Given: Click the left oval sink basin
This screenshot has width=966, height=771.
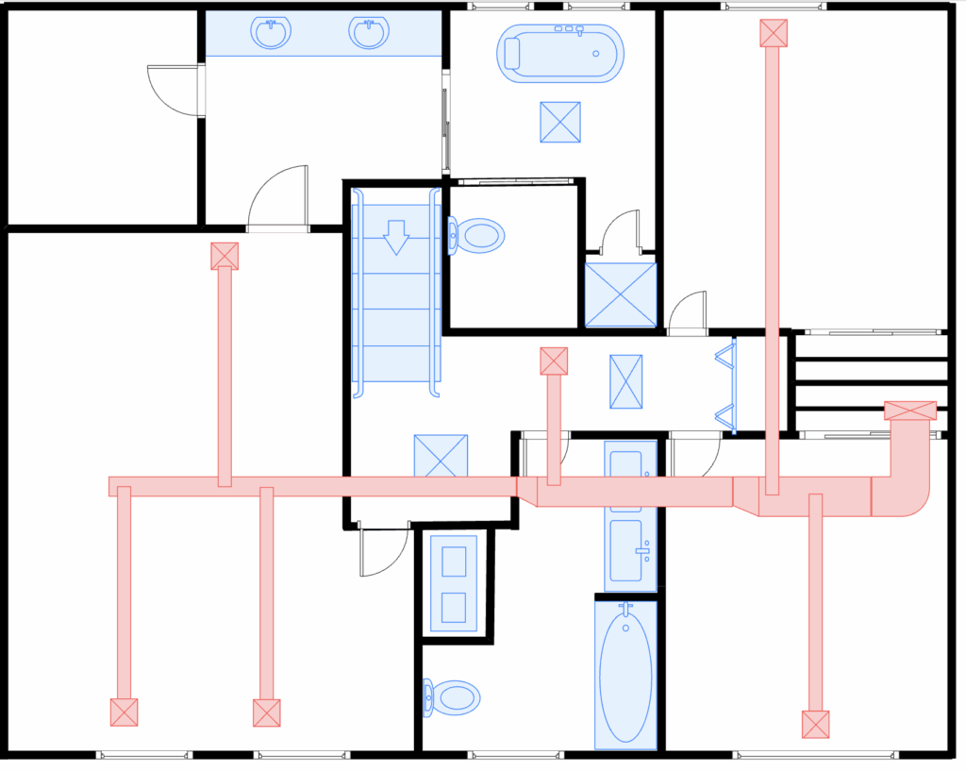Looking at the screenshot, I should coord(272,34).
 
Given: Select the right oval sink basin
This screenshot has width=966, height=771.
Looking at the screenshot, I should coord(369,34).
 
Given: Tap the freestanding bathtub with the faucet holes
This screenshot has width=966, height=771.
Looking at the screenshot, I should coord(561,53).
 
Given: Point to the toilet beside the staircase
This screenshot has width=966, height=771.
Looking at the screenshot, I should coord(477,235).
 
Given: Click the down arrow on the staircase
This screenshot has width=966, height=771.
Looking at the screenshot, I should coord(396,237).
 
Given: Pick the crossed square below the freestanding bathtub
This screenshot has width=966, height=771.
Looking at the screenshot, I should coord(560,122).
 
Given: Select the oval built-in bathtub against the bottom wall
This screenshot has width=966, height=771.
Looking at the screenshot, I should coord(625,674).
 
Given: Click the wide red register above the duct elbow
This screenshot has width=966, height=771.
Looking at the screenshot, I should coord(910,411).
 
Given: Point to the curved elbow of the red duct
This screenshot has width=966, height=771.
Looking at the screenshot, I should coord(906,491).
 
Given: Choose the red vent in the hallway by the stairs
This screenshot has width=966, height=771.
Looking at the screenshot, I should coord(554,360).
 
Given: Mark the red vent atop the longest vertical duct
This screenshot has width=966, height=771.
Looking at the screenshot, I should coord(774,33).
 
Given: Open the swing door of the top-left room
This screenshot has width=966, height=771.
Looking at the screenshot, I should coord(179,91).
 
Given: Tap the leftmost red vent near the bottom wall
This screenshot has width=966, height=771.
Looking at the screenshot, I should coord(124,712).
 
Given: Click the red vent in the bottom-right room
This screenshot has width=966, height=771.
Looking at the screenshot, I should coord(816,724).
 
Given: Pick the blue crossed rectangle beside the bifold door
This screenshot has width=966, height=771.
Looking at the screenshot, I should coord(625,381).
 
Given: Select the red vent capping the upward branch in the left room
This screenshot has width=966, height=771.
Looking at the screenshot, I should coord(225,256).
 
